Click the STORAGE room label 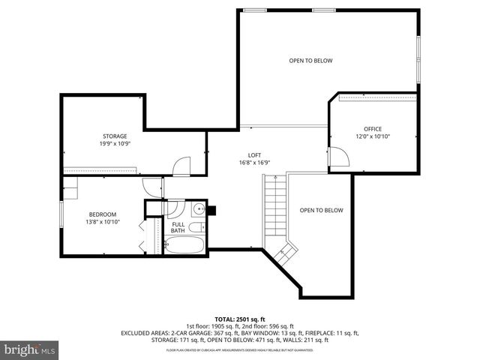pyautogui.click(x=115, y=136)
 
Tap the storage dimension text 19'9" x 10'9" pyautogui.click(x=115, y=143)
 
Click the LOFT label pyautogui.click(x=254, y=154)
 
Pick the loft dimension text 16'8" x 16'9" pyautogui.click(x=254, y=162)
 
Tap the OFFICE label pyautogui.click(x=373, y=129)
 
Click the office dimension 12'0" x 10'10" pyautogui.click(x=373, y=136)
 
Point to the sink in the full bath pyautogui.click(x=198, y=209)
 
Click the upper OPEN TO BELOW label pyautogui.click(x=310, y=61)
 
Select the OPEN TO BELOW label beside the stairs pyautogui.click(x=321, y=211)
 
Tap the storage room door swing pyautogui.click(x=181, y=166)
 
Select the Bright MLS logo pyautogui.click(x=30, y=349)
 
